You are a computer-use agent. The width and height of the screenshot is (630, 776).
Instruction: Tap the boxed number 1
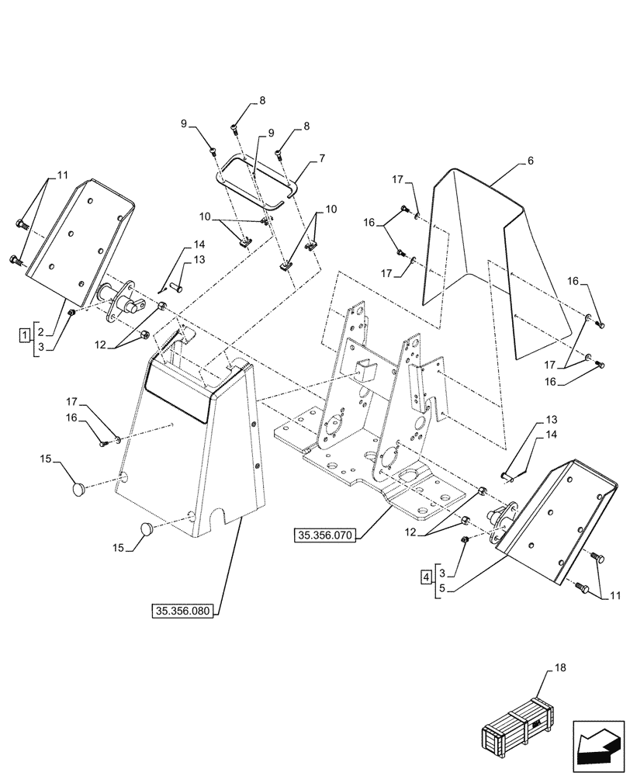25,334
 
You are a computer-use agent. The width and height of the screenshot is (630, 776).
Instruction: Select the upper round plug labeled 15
78,488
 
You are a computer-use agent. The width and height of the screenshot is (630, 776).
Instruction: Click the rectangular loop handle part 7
256,182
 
